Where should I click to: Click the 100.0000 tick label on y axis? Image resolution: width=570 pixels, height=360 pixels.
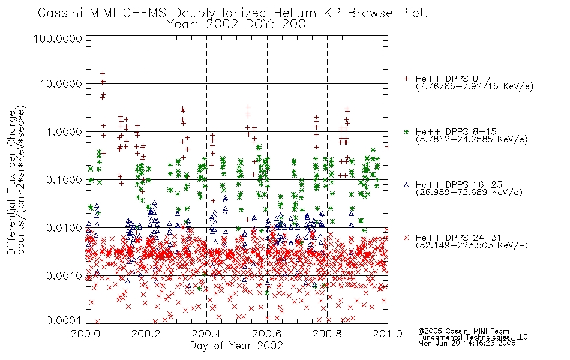(58, 38)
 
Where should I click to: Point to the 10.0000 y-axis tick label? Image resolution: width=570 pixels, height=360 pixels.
(61, 84)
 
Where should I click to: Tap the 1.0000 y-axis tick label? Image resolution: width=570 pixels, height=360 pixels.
(64, 131)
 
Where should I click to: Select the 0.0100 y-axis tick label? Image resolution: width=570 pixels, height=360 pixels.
(64, 228)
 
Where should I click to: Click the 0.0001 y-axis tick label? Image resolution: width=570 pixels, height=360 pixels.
(64, 320)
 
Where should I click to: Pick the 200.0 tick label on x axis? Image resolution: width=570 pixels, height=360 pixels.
(85, 334)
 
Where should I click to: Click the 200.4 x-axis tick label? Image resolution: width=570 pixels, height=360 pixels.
(206, 334)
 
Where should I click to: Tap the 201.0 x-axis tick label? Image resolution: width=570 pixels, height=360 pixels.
(388, 334)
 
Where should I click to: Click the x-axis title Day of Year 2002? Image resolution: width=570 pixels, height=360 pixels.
(236, 346)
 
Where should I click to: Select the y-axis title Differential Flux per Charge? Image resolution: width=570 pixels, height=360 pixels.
(12, 182)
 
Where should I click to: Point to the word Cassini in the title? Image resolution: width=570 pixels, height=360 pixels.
(61, 13)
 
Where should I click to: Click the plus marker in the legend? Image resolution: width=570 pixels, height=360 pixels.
(406, 79)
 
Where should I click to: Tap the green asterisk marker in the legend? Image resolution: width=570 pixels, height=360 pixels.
(406, 132)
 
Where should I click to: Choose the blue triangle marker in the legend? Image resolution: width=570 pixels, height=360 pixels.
(406, 185)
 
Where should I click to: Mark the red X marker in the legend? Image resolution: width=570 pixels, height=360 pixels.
(406, 238)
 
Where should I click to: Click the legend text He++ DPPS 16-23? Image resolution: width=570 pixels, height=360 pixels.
(459, 185)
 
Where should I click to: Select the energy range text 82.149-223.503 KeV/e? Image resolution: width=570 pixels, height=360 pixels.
(472, 245)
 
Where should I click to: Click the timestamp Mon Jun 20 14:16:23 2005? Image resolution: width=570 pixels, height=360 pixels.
(467, 343)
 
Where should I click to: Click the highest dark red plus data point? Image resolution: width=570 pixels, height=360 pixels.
(103, 73)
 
